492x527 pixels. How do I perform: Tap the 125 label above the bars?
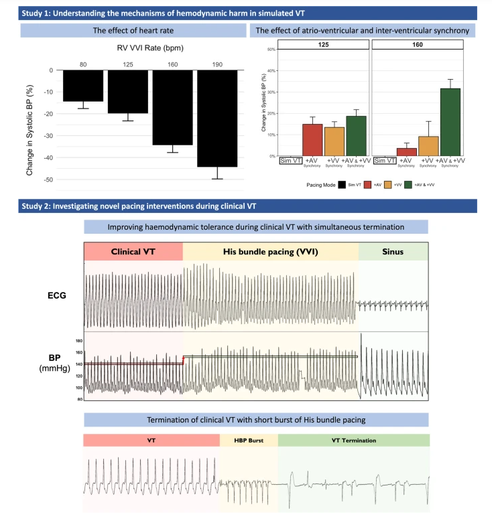[127, 63]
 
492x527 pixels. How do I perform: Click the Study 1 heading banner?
[245, 13]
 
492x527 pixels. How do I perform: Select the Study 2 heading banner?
[245, 206]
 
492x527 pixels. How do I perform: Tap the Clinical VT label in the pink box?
[133, 252]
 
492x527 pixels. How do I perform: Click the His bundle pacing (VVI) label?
[269, 252]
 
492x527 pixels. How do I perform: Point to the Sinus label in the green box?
[393, 252]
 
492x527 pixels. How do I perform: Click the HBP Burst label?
[248, 440]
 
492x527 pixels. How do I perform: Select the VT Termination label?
[353, 440]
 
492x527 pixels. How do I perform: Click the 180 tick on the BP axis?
[78, 341]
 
